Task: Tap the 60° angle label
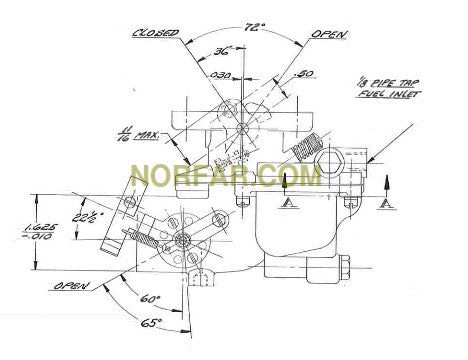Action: [152, 299]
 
